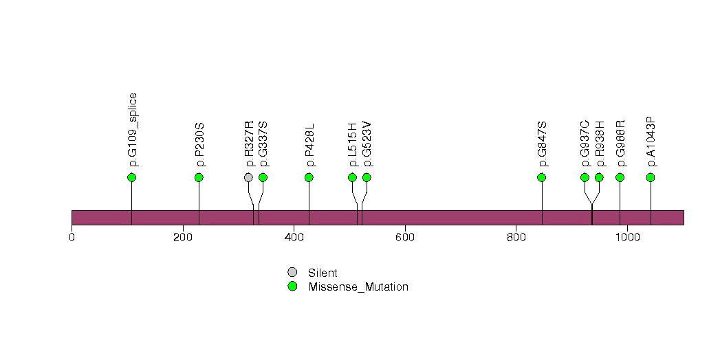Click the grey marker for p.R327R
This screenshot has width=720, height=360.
(x=248, y=177)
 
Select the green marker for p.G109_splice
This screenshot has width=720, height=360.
(x=132, y=177)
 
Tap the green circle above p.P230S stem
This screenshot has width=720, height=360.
(x=199, y=177)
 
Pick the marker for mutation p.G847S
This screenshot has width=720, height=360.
(x=541, y=177)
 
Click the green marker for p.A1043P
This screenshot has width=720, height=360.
(x=651, y=177)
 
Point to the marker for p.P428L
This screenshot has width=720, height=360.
(x=309, y=177)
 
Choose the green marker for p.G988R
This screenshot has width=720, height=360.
(x=620, y=177)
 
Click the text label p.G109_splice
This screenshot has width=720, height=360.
(x=133, y=130)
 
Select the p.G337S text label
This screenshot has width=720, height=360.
(x=263, y=144)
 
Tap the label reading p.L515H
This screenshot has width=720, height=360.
(x=353, y=145)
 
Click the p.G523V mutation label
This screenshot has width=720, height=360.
(x=367, y=144)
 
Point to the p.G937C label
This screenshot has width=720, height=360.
(x=585, y=144)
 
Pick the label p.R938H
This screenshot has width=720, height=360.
(x=600, y=144)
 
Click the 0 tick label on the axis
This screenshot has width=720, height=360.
(x=72, y=238)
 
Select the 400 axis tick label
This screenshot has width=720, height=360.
(x=294, y=238)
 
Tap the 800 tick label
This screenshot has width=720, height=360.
(x=516, y=238)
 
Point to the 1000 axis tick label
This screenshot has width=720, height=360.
(x=627, y=238)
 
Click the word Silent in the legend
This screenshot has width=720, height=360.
(x=323, y=273)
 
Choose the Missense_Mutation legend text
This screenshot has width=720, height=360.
(x=358, y=287)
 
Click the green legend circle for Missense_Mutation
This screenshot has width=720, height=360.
(x=292, y=286)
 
